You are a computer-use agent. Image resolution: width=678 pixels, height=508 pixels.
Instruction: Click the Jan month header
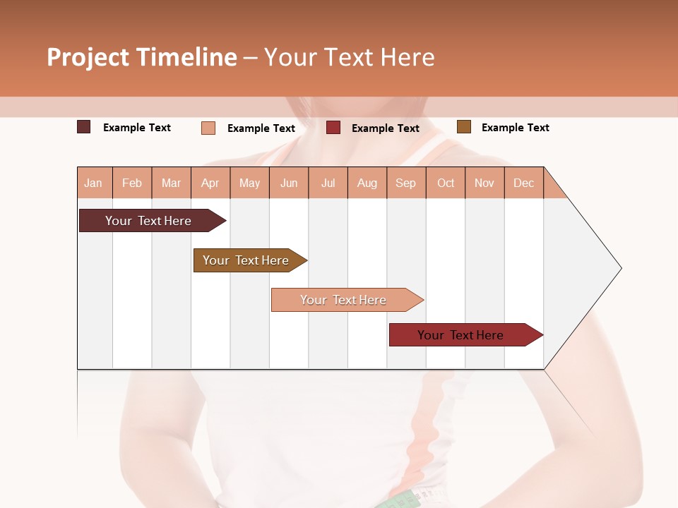pos(94,183)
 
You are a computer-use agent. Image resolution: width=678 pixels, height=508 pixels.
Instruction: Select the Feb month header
pos(132,183)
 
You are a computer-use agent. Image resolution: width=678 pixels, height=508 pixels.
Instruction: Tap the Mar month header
pos(171,183)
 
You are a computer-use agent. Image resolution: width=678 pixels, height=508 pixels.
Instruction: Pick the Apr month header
pos(210,183)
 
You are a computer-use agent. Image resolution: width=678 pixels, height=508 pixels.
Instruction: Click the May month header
pos(249,183)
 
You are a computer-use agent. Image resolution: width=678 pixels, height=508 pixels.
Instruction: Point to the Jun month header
pos(289,183)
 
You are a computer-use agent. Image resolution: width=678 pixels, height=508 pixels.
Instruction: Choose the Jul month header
pos(328,183)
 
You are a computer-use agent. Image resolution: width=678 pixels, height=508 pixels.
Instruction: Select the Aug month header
pos(367,183)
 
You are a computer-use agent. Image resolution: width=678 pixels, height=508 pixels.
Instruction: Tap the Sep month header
pos(406,183)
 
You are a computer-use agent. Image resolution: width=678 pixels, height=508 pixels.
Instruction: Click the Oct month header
pos(446,183)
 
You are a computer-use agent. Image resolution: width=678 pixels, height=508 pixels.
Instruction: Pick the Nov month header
pos(484,183)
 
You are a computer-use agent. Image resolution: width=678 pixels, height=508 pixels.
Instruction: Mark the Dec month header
pos(524,183)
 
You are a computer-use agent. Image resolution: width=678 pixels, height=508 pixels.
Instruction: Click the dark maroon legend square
pos(83,127)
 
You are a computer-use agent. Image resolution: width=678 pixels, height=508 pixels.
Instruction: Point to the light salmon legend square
pos(208,128)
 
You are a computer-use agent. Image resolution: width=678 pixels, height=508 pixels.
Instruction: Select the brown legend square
pos(463,127)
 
